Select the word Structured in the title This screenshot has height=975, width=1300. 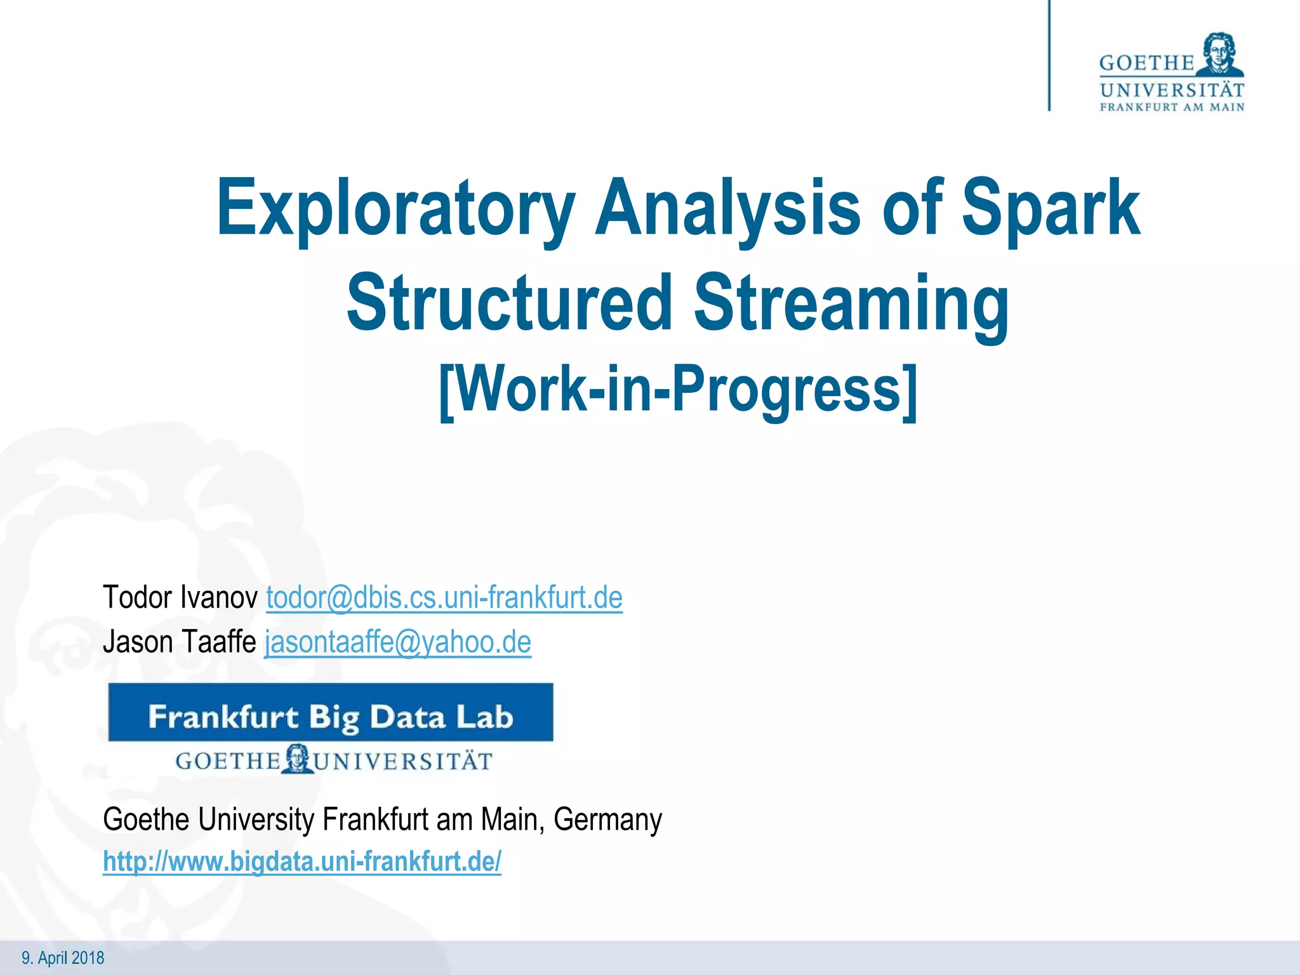click(x=508, y=303)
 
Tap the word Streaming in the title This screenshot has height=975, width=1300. click(x=851, y=303)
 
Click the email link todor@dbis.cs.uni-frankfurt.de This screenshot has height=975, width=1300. click(x=444, y=598)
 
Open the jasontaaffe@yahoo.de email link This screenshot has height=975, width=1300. click(x=398, y=642)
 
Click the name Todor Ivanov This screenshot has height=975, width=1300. click(x=180, y=598)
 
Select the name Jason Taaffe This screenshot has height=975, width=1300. click(x=179, y=642)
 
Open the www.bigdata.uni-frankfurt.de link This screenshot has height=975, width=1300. click(x=302, y=862)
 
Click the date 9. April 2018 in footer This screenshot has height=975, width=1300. click(x=63, y=958)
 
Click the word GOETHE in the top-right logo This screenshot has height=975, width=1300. click(x=1146, y=63)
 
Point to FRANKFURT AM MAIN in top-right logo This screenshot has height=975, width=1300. click(x=1172, y=107)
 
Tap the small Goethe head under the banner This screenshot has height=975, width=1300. click(x=296, y=759)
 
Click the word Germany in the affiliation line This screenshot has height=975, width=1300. click(x=607, y=819)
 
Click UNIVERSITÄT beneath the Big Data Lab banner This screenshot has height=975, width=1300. click(x=404, y=761)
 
